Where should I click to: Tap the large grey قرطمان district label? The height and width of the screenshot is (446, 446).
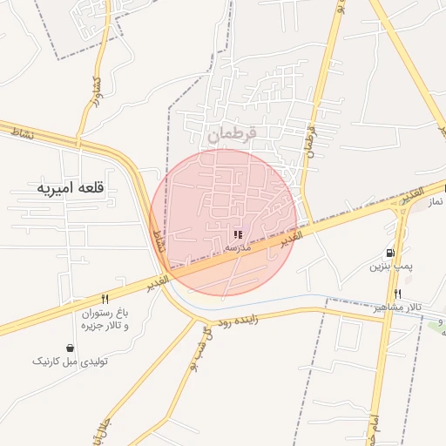tap(233, 136)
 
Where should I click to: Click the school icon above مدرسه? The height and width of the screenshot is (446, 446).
tap(238, 234)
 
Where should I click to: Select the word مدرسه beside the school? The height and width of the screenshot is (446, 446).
tap(238, 247)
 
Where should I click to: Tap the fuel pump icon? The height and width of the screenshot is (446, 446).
tap(389, 253)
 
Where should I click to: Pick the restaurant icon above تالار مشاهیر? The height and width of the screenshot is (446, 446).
tap(397, 294)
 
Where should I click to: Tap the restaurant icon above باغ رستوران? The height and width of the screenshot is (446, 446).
tap(105, 298)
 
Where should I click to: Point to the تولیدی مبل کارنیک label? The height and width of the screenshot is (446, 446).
tap(70, 361)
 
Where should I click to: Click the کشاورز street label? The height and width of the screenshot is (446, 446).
tap(90, 92)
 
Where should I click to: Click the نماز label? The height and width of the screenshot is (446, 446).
tap(436, 202)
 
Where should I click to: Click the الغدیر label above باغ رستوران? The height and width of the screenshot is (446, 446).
tap(158, 281)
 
